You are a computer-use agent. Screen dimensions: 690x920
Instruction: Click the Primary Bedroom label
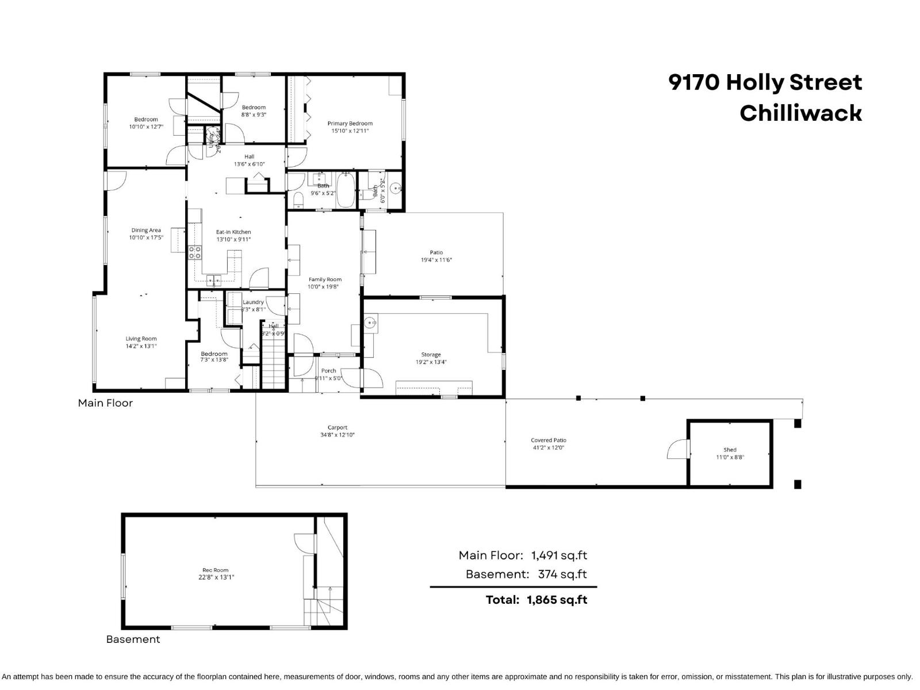(350, 123)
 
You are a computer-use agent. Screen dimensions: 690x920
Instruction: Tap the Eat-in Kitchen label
(233, 232)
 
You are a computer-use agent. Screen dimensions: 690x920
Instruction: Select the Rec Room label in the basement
(216, 570)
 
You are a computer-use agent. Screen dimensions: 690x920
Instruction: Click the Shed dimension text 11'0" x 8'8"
(730, 458)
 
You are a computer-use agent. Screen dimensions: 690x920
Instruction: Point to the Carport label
(338, 427)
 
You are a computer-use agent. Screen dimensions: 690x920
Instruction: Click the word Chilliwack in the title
(800, 113)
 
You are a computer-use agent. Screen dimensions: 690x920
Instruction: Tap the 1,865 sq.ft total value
(557, 600)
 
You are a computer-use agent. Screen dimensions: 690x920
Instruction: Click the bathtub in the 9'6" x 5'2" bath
(346, 190)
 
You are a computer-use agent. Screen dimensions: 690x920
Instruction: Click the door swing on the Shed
(678, 449)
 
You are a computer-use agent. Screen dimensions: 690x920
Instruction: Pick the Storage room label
(431, 355)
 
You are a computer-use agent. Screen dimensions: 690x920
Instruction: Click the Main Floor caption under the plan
(105, 403)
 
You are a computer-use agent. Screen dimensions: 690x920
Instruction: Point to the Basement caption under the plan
(133, 639)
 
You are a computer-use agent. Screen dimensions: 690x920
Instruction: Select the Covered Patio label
(548, 440)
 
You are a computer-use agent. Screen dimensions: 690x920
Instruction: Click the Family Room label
(325, 279)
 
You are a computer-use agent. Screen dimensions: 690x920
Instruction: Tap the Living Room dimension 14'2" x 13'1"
(141, 346)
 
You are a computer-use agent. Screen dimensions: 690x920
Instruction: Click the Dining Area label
(146, 230)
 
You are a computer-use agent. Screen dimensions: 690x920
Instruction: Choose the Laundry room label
(253, 302)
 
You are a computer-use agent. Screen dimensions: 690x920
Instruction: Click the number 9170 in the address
(694, 83)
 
